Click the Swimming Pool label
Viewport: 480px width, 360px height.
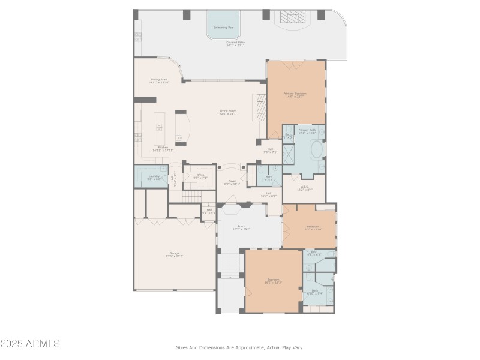223,27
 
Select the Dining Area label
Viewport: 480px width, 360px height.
159,80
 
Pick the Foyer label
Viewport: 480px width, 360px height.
232,182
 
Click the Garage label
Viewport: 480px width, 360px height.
175,254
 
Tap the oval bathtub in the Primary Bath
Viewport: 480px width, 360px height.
316,149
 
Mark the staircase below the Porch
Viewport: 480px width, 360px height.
230,265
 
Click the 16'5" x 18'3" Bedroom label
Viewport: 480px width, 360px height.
274,280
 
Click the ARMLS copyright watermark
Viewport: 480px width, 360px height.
30,344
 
